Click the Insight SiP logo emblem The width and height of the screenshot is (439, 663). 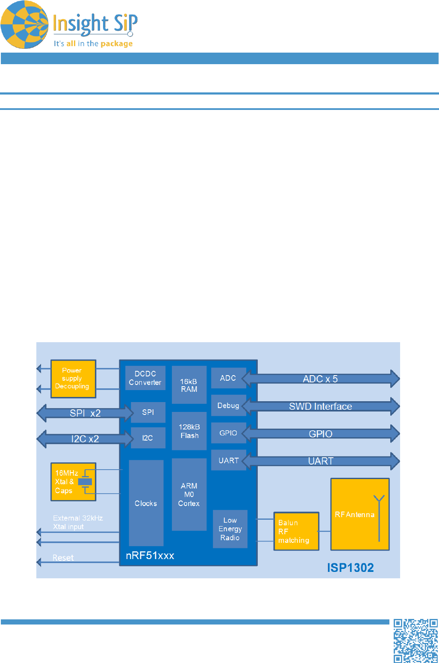click(x=24, y=25)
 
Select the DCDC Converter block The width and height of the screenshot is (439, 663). click(x=145, y=378)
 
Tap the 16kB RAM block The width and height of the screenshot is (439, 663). click(x=189, y=385)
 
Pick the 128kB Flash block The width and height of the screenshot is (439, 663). click(x=189, y=431)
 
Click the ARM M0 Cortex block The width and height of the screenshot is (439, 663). click(x=189, y=494)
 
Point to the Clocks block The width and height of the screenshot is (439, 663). click(x=146, y=503)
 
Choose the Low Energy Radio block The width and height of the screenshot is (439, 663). click(x=230, y=529)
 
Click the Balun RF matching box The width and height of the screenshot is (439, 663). click(x=296, y=531)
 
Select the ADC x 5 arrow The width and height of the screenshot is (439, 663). click(x=321, y=379)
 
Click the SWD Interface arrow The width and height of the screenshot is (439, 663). click(x=321, y=406)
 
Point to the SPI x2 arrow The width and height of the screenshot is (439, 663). click(x=85, y=413)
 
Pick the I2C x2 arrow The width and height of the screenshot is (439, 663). click(x=85, y=439)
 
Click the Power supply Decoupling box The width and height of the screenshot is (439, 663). click(x=73, y=379)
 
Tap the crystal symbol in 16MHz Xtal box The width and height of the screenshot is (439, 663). click(x=85, y=482)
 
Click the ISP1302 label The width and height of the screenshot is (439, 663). click(x=350, y=568)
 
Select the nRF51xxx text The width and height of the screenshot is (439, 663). click(x=150, y=556)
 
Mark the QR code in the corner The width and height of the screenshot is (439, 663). click(x=415, y=641)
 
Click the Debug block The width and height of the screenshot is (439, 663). click(x=228, y=405)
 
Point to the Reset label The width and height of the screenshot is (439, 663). click(x=63, y=558)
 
